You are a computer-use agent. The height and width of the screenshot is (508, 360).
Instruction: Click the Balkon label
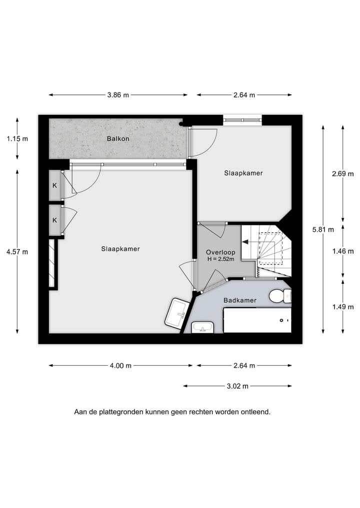117,139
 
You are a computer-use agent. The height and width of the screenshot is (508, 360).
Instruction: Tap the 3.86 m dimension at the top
118,95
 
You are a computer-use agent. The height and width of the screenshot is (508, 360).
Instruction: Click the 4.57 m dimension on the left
17,252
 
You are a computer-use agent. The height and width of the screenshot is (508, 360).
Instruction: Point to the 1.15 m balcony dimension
17,139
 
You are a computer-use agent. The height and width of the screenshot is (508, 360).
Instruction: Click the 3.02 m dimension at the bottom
237,386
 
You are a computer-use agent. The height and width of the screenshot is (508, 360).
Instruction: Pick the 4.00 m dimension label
120,366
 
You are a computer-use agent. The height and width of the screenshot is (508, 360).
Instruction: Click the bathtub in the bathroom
257,320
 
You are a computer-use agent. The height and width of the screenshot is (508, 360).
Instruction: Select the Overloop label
220,252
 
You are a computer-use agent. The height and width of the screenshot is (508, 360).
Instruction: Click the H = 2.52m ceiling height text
220,259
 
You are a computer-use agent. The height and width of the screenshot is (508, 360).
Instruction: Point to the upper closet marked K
54,186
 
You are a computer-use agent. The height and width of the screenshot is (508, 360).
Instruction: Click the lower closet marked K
54,220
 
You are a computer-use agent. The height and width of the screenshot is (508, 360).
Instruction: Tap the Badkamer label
240,300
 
